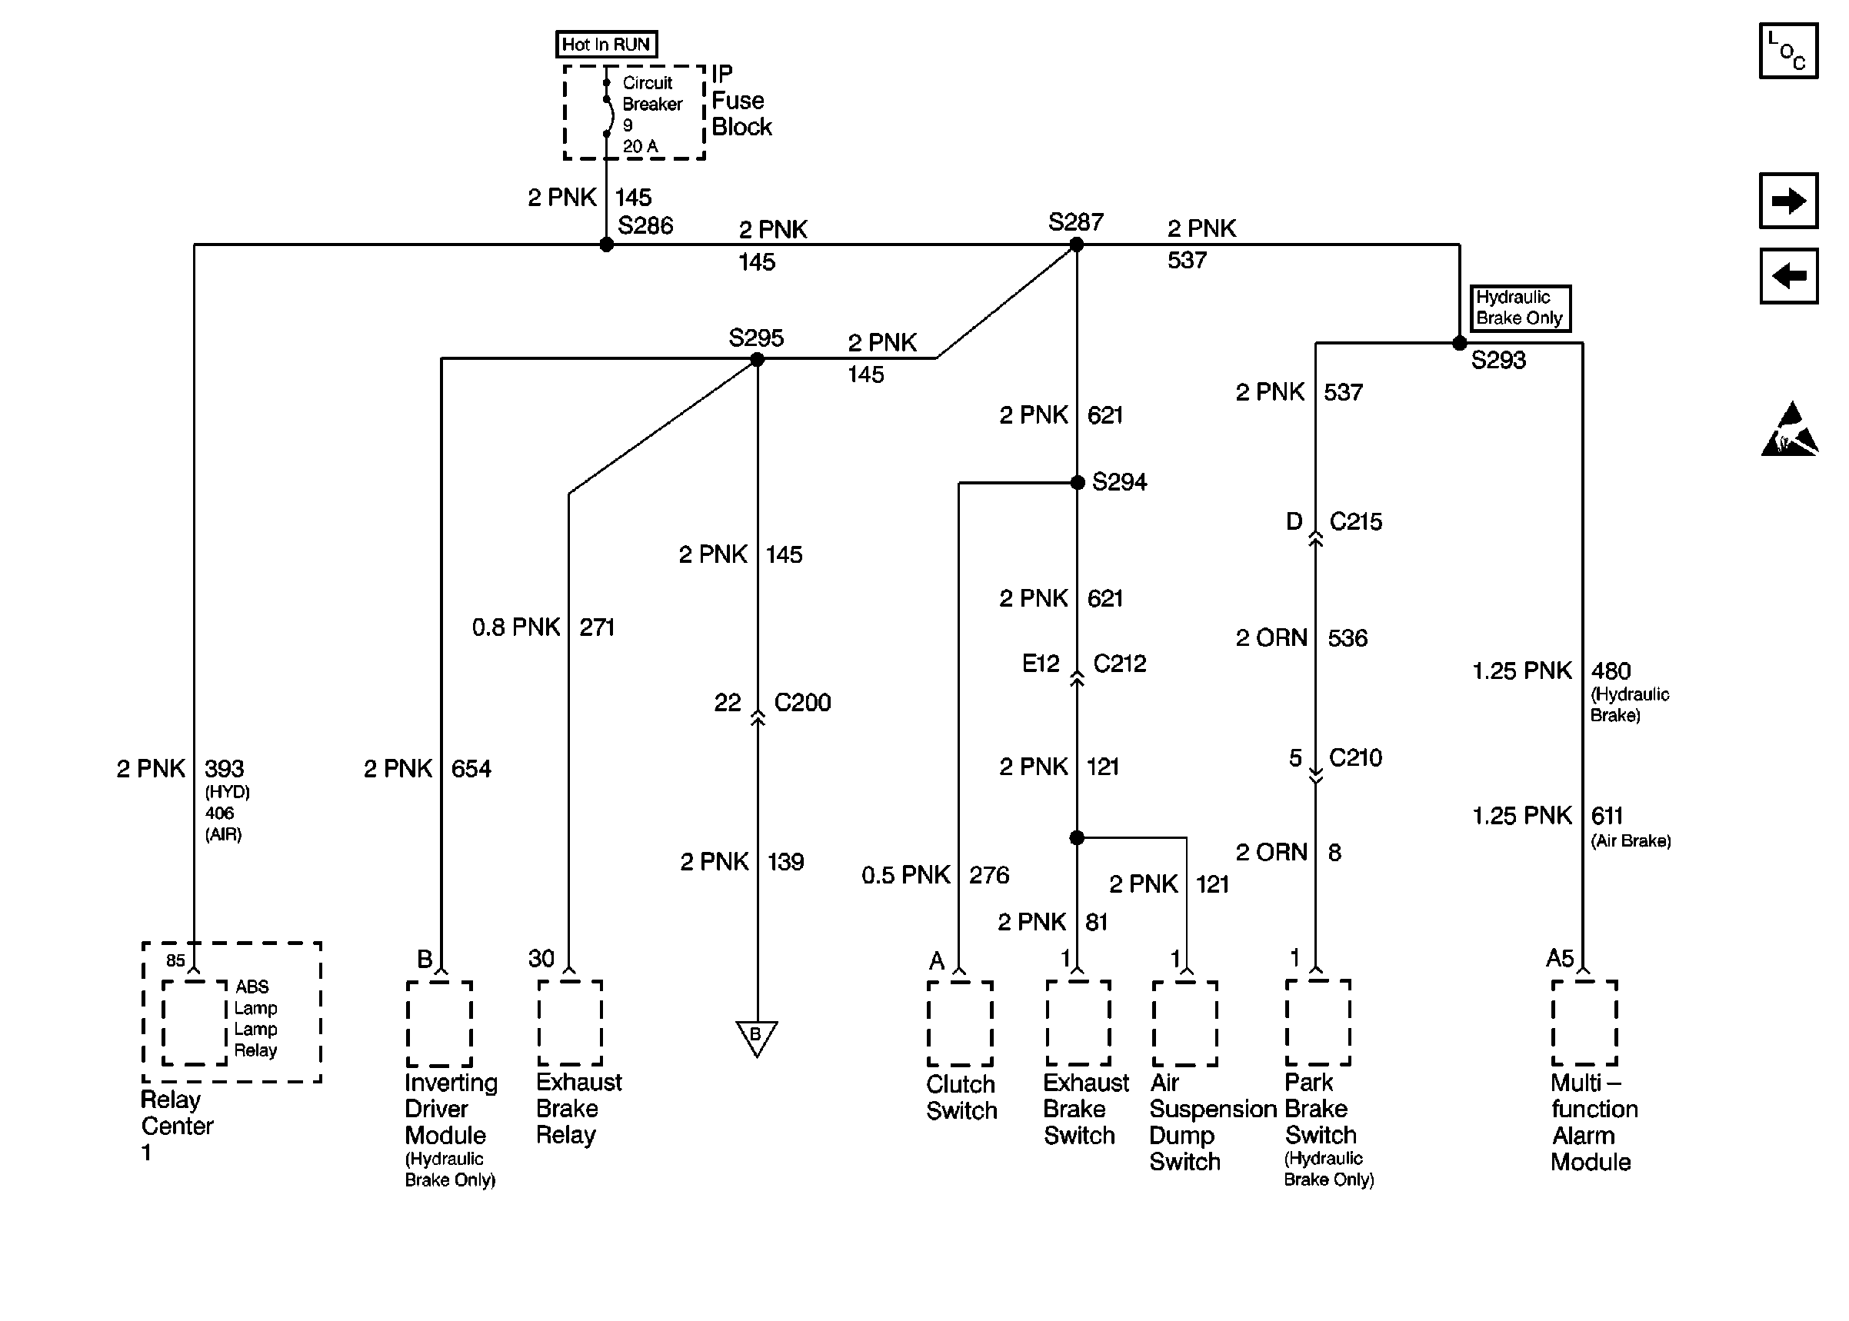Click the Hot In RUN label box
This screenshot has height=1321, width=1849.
(x=606, y=44)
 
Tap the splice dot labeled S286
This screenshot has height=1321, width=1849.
(x=606, y=244)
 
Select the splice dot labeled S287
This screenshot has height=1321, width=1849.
(x=1076, y=244)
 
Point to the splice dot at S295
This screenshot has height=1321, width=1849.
(x=757, y=359)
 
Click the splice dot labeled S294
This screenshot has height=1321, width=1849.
(x=1077, y=482)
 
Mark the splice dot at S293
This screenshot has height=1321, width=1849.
(x=1459, y=343)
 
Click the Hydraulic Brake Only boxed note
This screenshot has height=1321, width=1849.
(x=1520, y=308)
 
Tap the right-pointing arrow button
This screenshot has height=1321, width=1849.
(x=1788, y=200)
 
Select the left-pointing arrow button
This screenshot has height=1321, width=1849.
(x=1788, y=276)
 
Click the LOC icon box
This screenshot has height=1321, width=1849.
(x=1788, y=51)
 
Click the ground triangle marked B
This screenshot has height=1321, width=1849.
(x=757, y=1037)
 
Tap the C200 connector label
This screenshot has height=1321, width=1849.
(x=802, y=702)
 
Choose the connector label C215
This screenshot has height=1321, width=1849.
(x=1355, y=521)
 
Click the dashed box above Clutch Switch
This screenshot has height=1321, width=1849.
(x=960, y=1023)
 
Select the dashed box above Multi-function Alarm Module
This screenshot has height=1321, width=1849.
(x=1584, y=1023)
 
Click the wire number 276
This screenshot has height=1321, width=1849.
(x=988, y=874)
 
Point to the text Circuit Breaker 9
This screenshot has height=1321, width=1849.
(x=651, y=104)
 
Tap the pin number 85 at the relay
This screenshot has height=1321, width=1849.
(x=175, y=960)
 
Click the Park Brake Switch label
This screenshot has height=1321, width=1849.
(x=1319, y=1108)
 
